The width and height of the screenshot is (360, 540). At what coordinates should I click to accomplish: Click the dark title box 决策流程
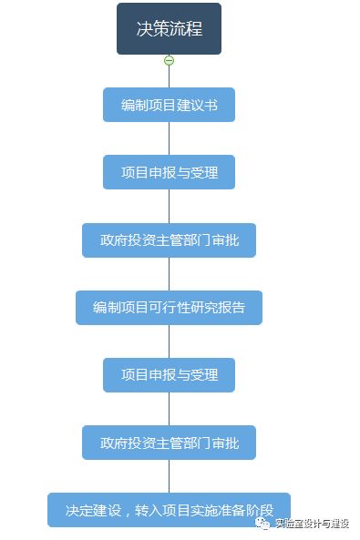169,28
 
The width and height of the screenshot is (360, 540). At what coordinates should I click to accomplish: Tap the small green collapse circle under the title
169,60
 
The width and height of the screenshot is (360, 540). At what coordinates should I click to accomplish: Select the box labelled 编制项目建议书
169,105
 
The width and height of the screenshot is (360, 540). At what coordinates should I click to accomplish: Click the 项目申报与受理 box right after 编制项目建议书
169,172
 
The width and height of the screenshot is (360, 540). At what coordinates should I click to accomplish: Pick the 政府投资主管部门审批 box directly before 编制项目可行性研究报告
169,240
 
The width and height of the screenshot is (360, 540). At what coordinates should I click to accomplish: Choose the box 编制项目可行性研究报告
169,308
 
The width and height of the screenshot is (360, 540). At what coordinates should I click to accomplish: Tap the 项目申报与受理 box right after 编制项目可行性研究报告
169,375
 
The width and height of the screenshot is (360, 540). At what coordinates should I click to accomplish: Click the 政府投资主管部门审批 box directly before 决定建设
169,443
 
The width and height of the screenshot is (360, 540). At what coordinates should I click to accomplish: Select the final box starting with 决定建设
169,510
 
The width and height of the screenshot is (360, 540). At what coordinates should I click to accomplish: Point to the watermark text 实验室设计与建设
313,524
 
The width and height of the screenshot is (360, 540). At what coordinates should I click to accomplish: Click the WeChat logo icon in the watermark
262,524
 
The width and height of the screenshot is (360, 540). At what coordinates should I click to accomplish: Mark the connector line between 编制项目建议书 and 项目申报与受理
169,138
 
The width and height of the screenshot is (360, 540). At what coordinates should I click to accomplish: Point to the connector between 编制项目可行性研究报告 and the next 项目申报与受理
169,341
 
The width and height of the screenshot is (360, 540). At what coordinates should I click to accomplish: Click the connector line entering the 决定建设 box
169,476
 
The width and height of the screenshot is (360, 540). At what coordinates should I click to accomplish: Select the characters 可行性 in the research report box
169,308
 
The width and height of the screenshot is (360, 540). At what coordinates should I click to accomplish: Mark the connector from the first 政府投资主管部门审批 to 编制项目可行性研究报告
169,274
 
